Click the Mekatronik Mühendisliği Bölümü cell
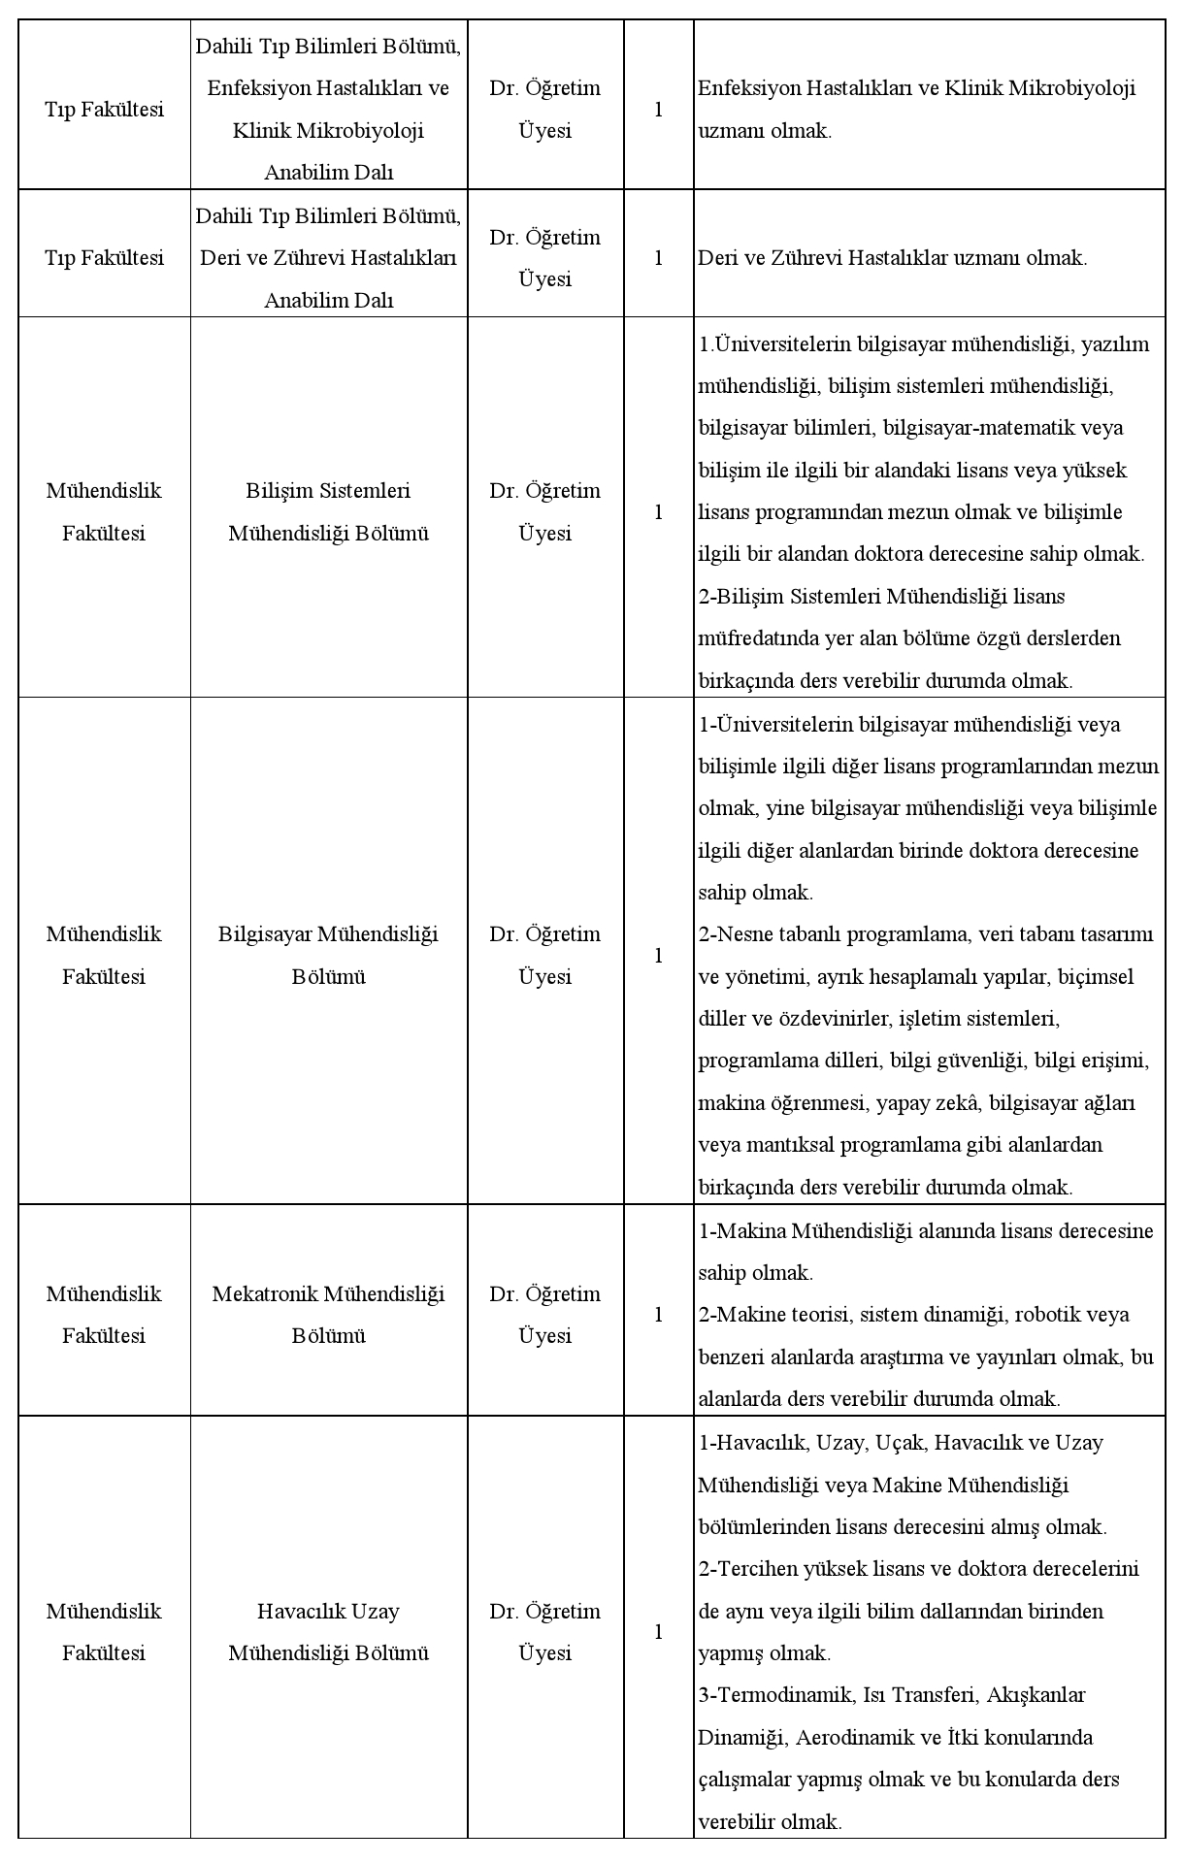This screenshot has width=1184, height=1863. click(328, 1315)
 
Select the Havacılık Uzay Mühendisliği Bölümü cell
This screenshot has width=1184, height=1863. click(328, 1632)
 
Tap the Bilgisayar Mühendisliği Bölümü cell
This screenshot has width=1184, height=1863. click(328, 955)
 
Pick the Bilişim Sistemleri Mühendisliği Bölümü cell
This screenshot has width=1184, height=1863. click(328, 511)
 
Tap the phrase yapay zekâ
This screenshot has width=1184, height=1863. click(930, 1103)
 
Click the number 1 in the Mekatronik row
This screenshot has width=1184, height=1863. click(658, 1315)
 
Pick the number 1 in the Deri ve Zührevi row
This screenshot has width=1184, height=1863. click(658, 258)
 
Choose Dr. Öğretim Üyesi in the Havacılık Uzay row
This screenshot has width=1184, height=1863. click(544, 1632)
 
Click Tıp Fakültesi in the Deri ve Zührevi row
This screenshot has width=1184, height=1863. click(104, 258)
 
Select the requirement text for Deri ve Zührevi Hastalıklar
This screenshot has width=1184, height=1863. click(892, 258)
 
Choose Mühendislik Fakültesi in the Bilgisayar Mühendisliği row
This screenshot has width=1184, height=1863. click(104, 955)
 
